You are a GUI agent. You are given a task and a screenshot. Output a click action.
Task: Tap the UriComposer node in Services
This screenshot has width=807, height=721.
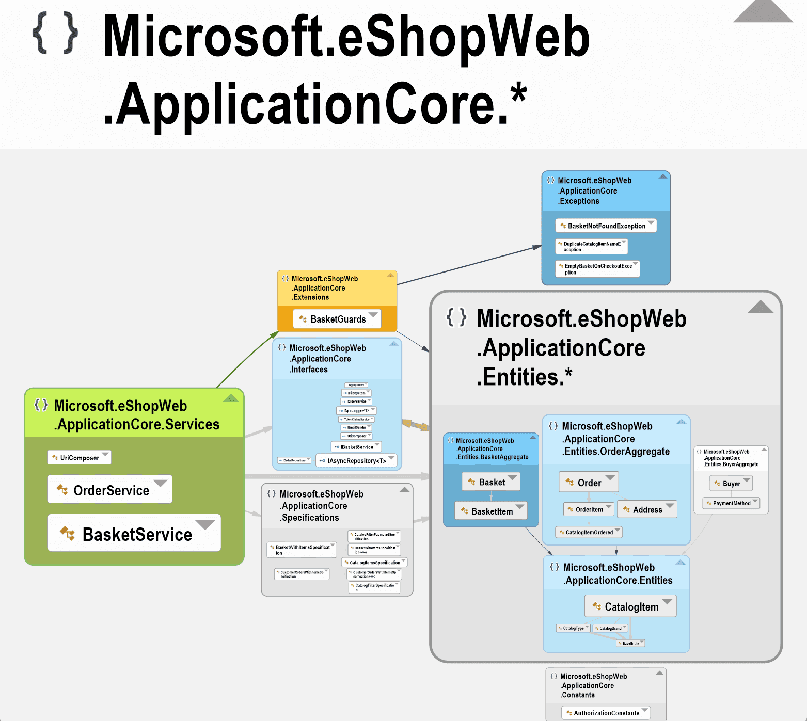tap(79, 457)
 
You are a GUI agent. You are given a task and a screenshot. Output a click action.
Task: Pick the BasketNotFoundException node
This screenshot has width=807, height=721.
tap(606, 226)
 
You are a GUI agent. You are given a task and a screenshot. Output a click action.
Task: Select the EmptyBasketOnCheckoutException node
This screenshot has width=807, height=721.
tap(597, 269)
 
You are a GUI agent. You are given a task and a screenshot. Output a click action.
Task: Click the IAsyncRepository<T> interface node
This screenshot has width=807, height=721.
tap(356, 460)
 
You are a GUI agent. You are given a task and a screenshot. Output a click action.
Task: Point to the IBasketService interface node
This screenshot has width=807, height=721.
tap(356, 447)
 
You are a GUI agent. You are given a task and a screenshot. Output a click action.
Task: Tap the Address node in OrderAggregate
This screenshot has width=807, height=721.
tap(646, 509)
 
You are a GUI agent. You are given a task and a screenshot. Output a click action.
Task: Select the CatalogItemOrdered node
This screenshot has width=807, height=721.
tap(588, 532)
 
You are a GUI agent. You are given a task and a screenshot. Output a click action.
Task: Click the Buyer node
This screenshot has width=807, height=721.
tap(731, 484)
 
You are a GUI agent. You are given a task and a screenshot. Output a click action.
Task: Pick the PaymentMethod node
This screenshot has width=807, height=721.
tap(731, 503)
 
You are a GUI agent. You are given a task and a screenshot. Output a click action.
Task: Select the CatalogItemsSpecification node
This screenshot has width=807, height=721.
tap(374, 562)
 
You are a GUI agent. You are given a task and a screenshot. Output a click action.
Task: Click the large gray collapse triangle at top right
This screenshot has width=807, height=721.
tap(763, 11)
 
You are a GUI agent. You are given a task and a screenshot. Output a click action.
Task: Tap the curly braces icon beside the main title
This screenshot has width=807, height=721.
tap(55, 34)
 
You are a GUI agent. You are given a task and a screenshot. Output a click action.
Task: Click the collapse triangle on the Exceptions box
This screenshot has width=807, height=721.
tap(663, 177)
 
